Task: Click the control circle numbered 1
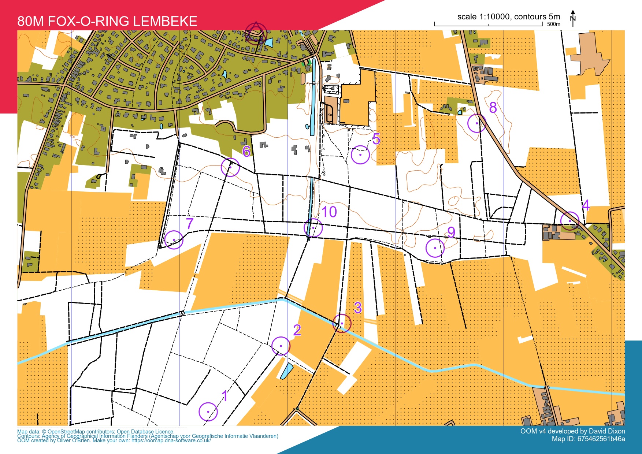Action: pos(208,412)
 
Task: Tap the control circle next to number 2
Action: pos(281,346)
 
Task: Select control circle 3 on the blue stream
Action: pos(342,324)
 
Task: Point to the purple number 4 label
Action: pos(586,205)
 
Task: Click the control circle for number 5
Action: pos(360,155)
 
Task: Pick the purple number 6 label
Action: pos(246,151)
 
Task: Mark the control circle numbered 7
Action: pos(174,240)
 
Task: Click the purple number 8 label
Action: pos(493,107)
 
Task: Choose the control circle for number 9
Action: pos(435,248)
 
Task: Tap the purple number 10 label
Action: pos(329,212)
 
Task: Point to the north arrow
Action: pos(573,18)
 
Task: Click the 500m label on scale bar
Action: pos(553,25)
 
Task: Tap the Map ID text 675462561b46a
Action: pos(601,439)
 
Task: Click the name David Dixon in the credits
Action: pos(606,431)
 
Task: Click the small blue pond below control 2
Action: pos(286,371)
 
